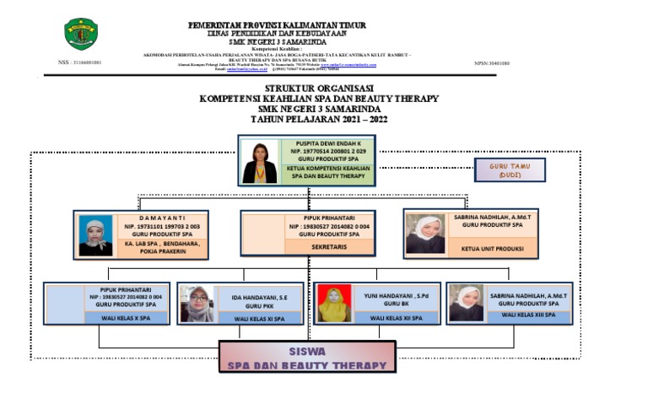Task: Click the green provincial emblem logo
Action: point(81,35)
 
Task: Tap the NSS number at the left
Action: point(79,62)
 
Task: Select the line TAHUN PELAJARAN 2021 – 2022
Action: point(318,119)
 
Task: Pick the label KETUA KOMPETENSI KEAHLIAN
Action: point(326,169)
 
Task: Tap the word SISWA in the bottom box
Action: point(308,350)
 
